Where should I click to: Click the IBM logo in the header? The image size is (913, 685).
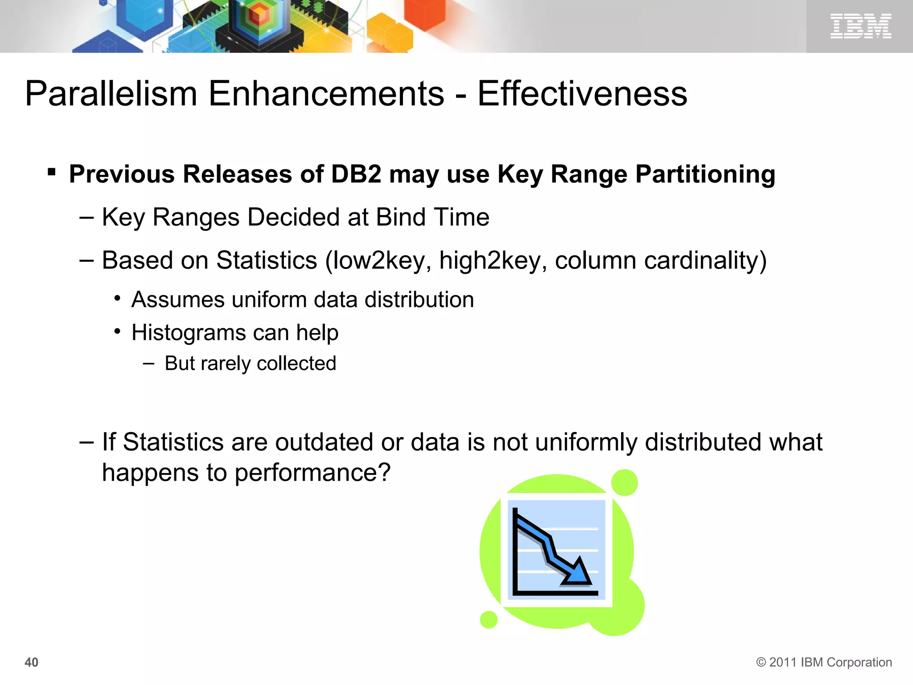tap(860, 26)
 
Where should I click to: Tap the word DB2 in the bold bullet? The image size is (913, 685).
tap(356, 174)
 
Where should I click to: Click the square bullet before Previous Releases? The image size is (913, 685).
tap(52, 172)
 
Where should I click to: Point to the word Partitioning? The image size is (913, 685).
tap(705, 175)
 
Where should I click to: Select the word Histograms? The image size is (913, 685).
tap(189, 333)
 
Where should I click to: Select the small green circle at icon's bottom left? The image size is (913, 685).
tap(489, 619)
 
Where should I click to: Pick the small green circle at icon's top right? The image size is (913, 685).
tap(624, 483)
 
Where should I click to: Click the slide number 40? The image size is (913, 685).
tap(31, 662)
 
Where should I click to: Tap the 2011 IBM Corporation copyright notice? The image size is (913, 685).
tap(824, 662)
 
